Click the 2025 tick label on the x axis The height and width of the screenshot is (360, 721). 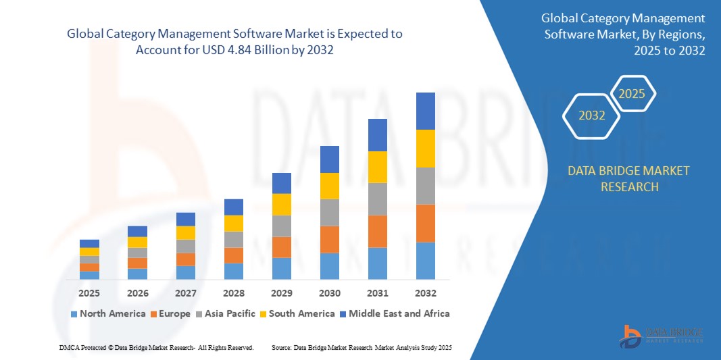coord(89,293)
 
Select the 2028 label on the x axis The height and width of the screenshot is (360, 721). coord(234,293)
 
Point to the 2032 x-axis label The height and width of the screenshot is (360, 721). coord(426,293)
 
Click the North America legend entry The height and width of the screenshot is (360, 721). coord(107,313)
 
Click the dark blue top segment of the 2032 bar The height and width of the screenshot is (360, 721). coord(426,111)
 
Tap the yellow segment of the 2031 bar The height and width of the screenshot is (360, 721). coord(378,167)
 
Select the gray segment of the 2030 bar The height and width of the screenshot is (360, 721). coord(330,212)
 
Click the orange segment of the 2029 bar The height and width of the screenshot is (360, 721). coord(282,247)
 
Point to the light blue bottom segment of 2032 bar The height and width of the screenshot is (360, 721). coord(426,261)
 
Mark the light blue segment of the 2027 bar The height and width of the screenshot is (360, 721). coord(186,272)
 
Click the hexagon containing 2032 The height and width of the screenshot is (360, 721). coord(592,115)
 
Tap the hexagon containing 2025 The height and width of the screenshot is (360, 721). coord(632,94)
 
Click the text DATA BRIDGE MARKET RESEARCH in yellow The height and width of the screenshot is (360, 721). coord(629,178)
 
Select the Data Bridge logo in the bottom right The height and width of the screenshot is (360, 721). coord(662,336)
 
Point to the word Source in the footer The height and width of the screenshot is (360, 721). coord(281,347)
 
